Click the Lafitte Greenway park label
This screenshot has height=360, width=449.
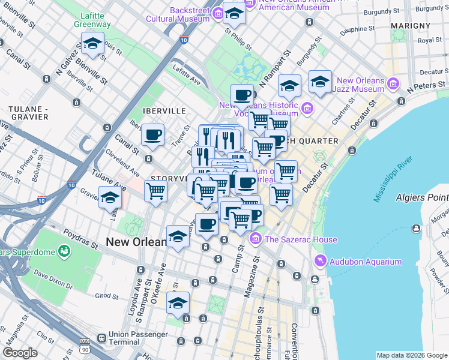click(92, 20)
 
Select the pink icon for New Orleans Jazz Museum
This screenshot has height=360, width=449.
click(394, 82)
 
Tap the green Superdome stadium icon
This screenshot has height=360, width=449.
click(64, 250)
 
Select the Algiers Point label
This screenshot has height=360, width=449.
click(421, 197)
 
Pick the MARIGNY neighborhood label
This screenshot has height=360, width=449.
click(410, 26)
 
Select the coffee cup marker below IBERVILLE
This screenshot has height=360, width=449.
click(153, 134)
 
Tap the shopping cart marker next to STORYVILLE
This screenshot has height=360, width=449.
click(156, 192)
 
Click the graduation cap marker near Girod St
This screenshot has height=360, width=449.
click(178, 304)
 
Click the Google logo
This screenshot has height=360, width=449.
click(20, 353)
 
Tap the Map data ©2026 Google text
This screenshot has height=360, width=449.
click(411, 355)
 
